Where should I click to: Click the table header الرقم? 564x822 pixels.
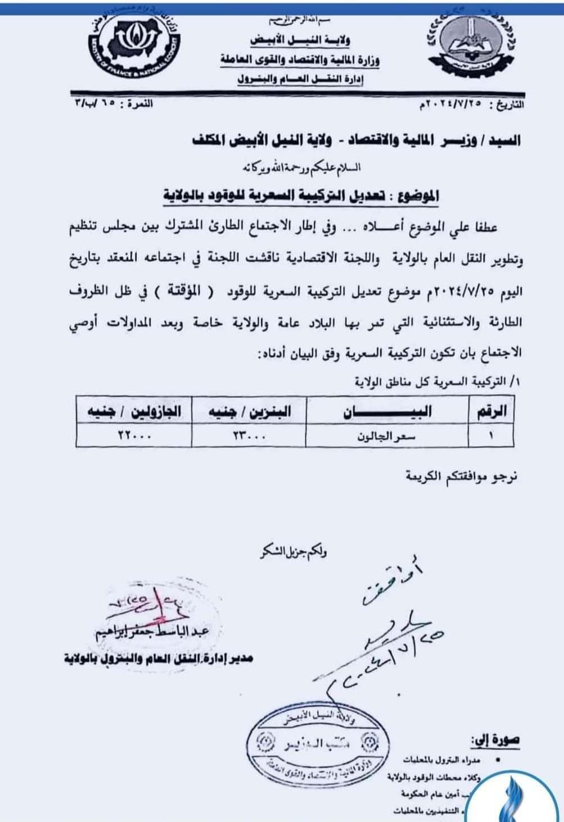coord(491,411)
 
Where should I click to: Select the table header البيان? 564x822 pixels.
coord(388,411)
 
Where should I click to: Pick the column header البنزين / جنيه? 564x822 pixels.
coord(249,411)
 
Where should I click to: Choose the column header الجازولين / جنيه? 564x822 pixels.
coord(133,411)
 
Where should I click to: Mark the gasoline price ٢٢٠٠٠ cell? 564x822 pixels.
coord(134,435)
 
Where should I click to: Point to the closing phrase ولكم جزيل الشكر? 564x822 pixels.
coord(293,552)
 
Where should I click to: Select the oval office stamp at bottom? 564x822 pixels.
coord(319,744)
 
